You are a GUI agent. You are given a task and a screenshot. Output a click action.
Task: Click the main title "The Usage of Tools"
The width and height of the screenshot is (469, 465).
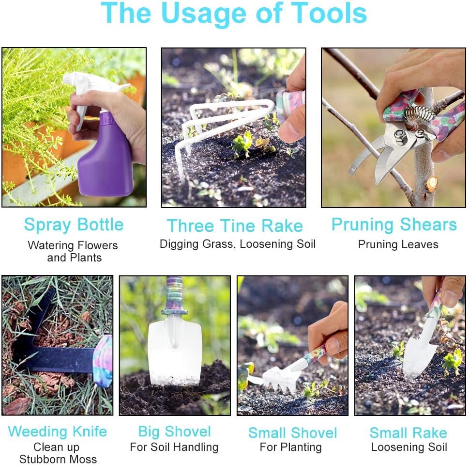click(x=234, y=14)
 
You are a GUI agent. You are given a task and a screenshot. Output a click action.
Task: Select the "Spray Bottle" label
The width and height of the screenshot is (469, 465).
click(x=74, y=225)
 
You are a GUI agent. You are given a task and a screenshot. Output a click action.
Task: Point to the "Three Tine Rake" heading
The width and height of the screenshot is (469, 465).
click(x=235, y=226)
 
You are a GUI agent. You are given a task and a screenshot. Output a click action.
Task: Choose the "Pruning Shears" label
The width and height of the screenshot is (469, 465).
click(x=394, y=225)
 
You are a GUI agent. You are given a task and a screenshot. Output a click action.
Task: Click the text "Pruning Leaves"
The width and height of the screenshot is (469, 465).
click(x=398, y=245)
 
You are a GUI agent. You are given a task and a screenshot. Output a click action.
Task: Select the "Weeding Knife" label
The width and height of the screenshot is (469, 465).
click(x=57, y=432)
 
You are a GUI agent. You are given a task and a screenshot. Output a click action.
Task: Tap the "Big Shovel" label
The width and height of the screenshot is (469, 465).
click(x=174, y=432)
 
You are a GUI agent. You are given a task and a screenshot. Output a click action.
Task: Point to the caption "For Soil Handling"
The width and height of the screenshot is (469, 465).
click(x=174, y=447)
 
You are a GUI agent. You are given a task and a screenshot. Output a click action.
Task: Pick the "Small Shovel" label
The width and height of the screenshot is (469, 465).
click(x=292, y=433)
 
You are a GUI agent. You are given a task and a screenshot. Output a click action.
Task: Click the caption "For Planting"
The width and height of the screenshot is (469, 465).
click(x=291, y=447)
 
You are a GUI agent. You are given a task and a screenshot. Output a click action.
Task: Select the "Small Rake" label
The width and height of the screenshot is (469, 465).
click(x=408, y=433)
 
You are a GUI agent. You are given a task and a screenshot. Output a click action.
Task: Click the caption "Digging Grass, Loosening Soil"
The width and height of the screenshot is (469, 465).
click(x=238, y=244)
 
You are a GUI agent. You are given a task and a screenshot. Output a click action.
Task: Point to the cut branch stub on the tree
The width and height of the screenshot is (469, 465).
click(x=431, y=183)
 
